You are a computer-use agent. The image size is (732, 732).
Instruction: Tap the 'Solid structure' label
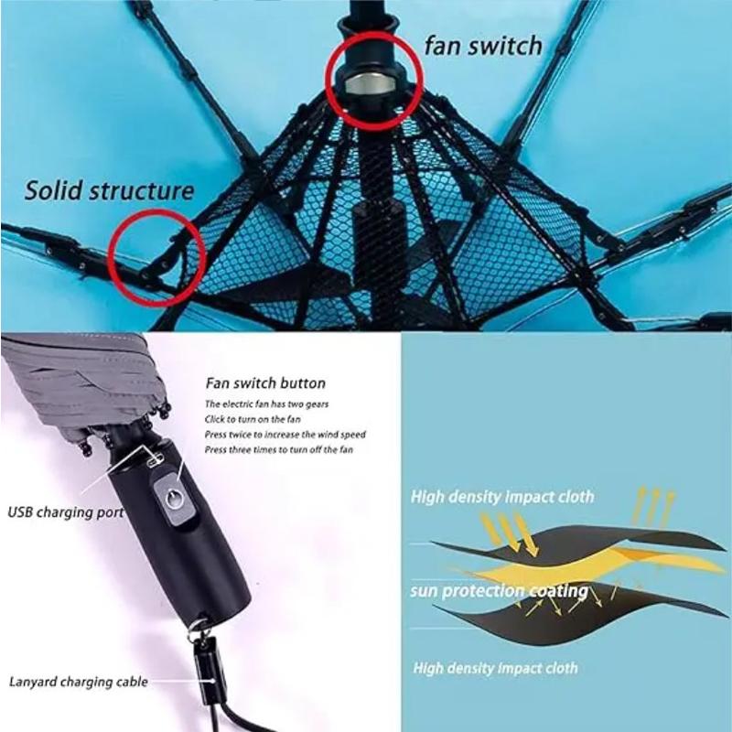110,190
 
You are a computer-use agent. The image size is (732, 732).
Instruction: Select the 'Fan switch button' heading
265,383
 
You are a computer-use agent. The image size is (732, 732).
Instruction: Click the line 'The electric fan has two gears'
260,404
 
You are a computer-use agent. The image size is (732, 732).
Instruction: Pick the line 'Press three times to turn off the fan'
278,449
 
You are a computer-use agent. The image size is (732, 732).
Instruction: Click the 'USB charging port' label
65,512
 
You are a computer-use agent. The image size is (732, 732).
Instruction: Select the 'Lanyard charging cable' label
78,681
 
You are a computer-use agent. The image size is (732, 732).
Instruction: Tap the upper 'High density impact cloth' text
501,497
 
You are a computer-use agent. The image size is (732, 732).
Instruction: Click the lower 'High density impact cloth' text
494,668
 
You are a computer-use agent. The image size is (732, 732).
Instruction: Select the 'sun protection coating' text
499,591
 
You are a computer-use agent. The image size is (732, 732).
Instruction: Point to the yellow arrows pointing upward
653,503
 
